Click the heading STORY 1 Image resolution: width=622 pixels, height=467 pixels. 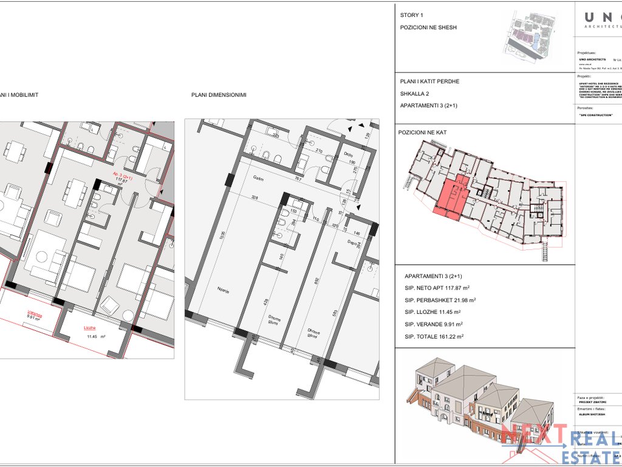tap(411, 15)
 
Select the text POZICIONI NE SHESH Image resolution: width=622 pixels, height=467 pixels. tap(428, 27)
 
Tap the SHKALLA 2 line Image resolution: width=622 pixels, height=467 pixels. tap(414, 94)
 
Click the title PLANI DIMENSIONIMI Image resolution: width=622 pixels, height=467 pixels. tap(218, 95)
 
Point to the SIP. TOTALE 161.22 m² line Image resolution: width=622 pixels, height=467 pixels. tap(434, 336)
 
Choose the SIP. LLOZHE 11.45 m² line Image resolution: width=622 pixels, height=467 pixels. tap(434, 312)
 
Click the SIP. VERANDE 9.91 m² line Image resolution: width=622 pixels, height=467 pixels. tap(434, 324)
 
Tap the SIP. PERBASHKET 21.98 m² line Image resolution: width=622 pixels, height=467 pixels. tap(440, 300)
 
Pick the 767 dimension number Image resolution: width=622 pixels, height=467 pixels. tap(298, 179)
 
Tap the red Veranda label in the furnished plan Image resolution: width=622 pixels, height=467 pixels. tap(35, 314)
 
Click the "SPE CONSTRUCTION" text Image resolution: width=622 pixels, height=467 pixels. tap(596, 115)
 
